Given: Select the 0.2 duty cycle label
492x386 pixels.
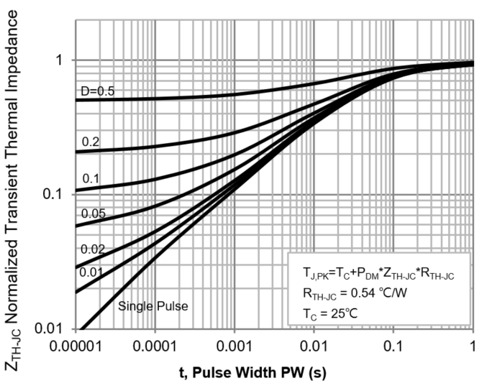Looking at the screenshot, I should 90,142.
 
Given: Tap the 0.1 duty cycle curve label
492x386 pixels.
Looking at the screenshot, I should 90,178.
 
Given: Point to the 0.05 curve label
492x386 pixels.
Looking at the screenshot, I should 92,213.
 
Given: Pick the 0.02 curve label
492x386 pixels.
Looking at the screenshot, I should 93,249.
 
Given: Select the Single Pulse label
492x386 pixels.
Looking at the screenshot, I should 153,306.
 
